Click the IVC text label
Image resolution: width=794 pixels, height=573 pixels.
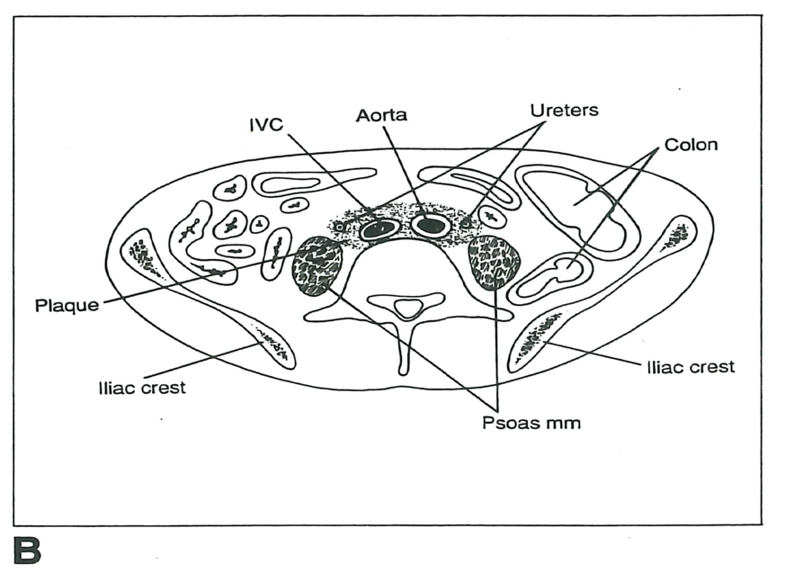(266, 123)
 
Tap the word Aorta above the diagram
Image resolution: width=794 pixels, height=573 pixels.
(381, 115)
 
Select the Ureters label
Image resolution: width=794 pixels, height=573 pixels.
(564, 110)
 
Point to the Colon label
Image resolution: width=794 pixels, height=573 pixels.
(691, 144)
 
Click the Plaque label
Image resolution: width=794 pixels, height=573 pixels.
(66, 305)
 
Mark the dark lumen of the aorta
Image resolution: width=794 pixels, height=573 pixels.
(431, 225)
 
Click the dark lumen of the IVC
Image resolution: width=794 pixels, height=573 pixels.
(379, 229)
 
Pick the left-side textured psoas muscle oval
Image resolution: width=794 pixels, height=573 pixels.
(318, 264)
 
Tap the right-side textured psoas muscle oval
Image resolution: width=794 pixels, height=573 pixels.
(494, 260)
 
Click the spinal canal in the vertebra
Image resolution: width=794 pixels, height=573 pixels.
(408, 309)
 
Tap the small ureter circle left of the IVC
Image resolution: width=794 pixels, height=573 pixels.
(339, 227)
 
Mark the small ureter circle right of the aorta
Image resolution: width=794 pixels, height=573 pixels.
(465, 221)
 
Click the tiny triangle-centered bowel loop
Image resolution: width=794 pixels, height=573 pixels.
(259, 223)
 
